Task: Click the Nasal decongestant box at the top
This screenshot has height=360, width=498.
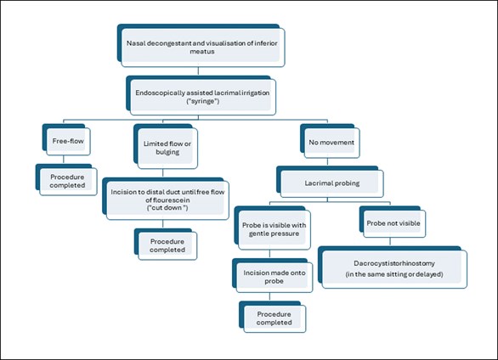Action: point(201,45)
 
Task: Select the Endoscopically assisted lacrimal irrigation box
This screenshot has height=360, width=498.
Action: point(201,95)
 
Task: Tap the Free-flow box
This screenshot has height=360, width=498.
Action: point(66,139)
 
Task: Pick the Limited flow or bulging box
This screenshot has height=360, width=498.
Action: point(166,146)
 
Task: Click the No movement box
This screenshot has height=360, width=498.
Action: point(330,141)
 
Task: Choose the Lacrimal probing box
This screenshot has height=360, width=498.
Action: point(330,182)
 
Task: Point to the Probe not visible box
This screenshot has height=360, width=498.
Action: point(393,222)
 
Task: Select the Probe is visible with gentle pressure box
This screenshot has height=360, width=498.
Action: point(273,228)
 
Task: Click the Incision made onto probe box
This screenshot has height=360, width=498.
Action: point(273,275)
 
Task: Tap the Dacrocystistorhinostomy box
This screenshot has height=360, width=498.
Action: point(393,267)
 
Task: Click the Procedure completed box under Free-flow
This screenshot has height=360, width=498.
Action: point(66,179)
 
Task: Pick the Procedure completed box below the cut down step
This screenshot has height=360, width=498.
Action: point(166,245)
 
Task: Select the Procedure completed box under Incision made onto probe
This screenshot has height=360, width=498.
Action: point(273,317)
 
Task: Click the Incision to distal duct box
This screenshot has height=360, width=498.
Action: point(166,199)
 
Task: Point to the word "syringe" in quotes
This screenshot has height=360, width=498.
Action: point(203,102)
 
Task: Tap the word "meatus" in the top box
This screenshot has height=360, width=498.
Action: point(202,52)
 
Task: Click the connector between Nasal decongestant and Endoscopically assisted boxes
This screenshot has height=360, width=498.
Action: point(198,71)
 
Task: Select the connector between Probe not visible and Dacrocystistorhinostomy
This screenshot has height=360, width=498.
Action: point(390,242)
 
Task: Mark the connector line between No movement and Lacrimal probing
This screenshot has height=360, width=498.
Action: point(327,162)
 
